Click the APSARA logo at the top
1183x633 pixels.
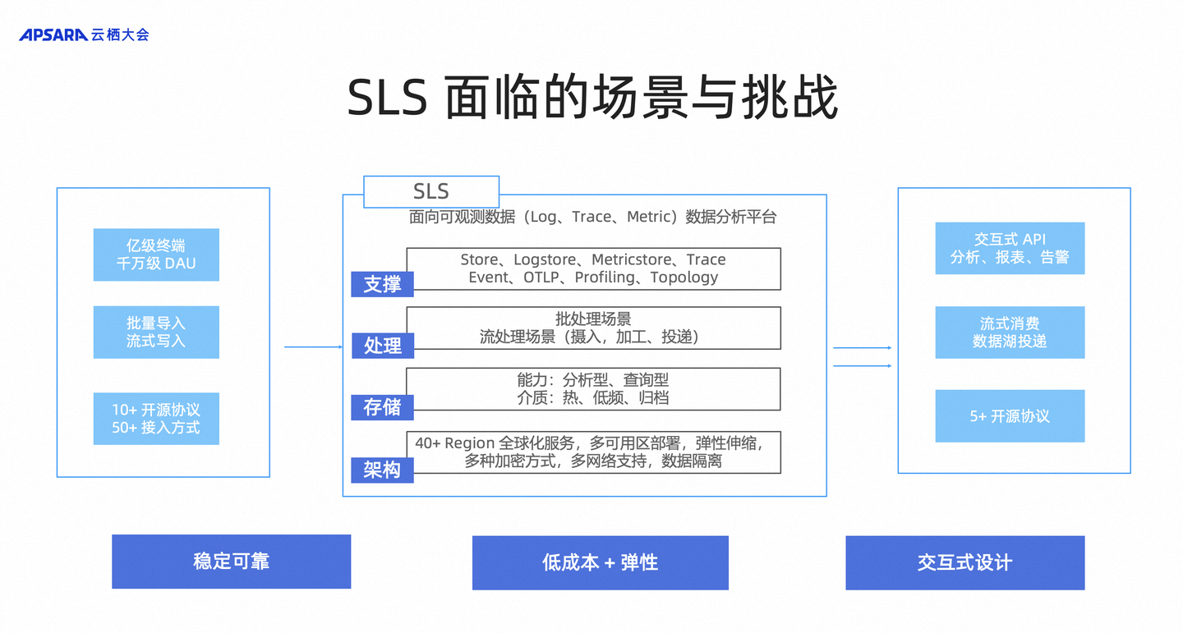click(84, 34)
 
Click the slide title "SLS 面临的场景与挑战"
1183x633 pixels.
click(592, 98)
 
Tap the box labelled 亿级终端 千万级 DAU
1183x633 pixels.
click(156, 255)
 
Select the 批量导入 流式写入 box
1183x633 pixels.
click(156, 332)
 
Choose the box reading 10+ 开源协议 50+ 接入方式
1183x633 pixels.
click(156, 419)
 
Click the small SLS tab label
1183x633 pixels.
click(431, 191)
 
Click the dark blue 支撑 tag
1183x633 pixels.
click(382, 284)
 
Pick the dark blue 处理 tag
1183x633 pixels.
click(383, 346)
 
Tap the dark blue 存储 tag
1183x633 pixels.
click(382, 407)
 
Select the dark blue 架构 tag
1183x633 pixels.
click(382, 470)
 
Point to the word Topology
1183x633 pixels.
click(684, 278)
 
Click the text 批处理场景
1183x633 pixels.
click(593, 319)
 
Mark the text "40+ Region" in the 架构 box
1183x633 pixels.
click(455, 443)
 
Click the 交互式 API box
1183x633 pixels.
click(1010, 248)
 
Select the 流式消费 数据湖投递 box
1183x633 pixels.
click(1010, 332)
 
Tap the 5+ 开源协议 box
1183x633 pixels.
click(1010, 416)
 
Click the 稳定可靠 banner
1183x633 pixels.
click(232, 562)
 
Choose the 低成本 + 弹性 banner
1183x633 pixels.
click(601, 562)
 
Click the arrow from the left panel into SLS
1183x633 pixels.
click(314, 346)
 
